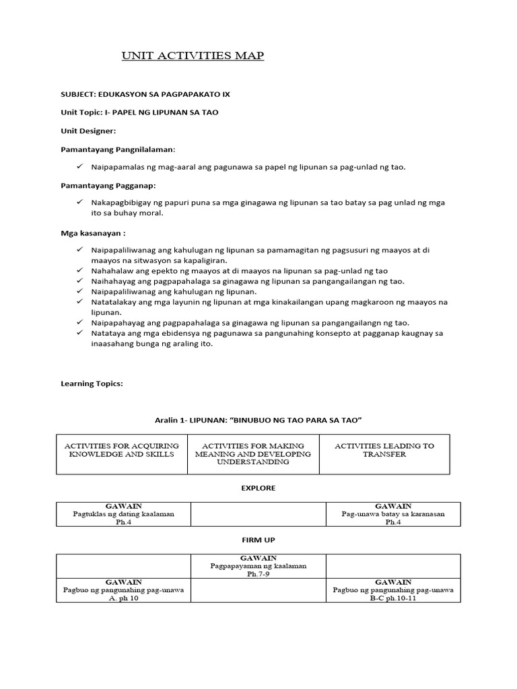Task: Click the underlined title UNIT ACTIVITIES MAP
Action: pos(193,56)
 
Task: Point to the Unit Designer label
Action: pos(88,131)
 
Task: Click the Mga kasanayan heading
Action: pos(93,233)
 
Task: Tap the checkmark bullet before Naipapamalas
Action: pos(79,166)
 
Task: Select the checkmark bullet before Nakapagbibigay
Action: pos(79,202)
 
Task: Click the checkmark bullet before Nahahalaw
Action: pos(79,270)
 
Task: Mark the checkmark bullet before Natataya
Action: pos(79,333)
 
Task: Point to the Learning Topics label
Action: pos(92,384)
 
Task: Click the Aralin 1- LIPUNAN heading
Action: pos(258,420)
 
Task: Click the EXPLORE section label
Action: pos(259,488)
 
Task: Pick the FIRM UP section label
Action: pos(259,540)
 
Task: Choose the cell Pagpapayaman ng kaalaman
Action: pos(258,566)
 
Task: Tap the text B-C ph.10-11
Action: pos(393,598)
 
